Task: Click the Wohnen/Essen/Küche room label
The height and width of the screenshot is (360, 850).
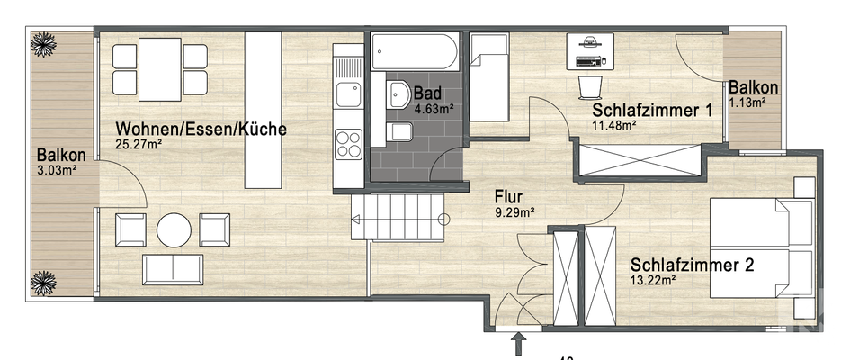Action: (x=201, y=129)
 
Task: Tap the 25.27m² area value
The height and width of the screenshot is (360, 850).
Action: (x=139, y=144)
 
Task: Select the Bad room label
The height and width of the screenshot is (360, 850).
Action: (x=426, y=93)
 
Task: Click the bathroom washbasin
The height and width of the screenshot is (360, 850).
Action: (x=398, y=94)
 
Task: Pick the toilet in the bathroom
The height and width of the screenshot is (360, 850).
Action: (x=400, y=133)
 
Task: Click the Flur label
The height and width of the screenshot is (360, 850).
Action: (x=509, y=195)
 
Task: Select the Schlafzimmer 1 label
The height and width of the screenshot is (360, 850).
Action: (x=652, y=111)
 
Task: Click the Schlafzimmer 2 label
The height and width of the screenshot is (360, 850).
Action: (x=692, y=265)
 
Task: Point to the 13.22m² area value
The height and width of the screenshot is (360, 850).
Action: (x=653, y=281)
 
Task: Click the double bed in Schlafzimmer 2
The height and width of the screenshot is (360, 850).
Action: (x=763, y=247)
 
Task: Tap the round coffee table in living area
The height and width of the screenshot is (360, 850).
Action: (x=174, y=229)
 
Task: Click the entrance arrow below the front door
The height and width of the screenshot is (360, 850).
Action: (x=519, y=342)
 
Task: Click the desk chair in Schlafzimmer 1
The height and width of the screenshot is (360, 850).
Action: (x=589, y=85)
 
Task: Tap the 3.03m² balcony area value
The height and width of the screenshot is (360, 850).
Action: (x=56, y=168)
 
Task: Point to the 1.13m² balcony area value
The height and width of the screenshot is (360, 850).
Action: (x=747, y=103)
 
